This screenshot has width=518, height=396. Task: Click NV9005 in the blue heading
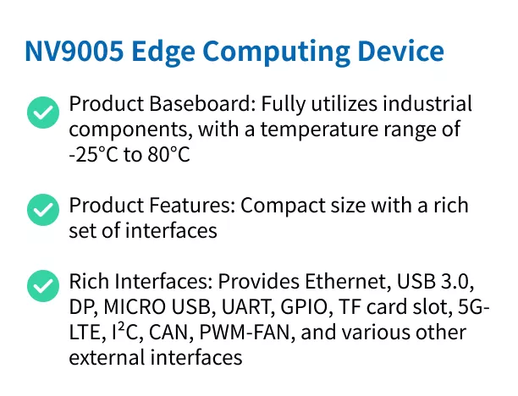click(74, 51)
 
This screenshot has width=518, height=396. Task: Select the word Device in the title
click(400, 51)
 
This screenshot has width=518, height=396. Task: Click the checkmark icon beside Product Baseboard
click(43, 113)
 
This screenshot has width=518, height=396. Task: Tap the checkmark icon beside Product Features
click(43, 210)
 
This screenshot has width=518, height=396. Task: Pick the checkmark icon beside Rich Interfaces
click(43, 286)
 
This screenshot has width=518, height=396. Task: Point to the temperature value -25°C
click(93, 154)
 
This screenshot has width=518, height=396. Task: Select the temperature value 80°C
click(168, 154)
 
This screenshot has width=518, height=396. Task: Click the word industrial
click(427, 103)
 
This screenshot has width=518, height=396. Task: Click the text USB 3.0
click(435, 282)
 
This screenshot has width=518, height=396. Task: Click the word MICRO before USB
click(135, 307)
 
